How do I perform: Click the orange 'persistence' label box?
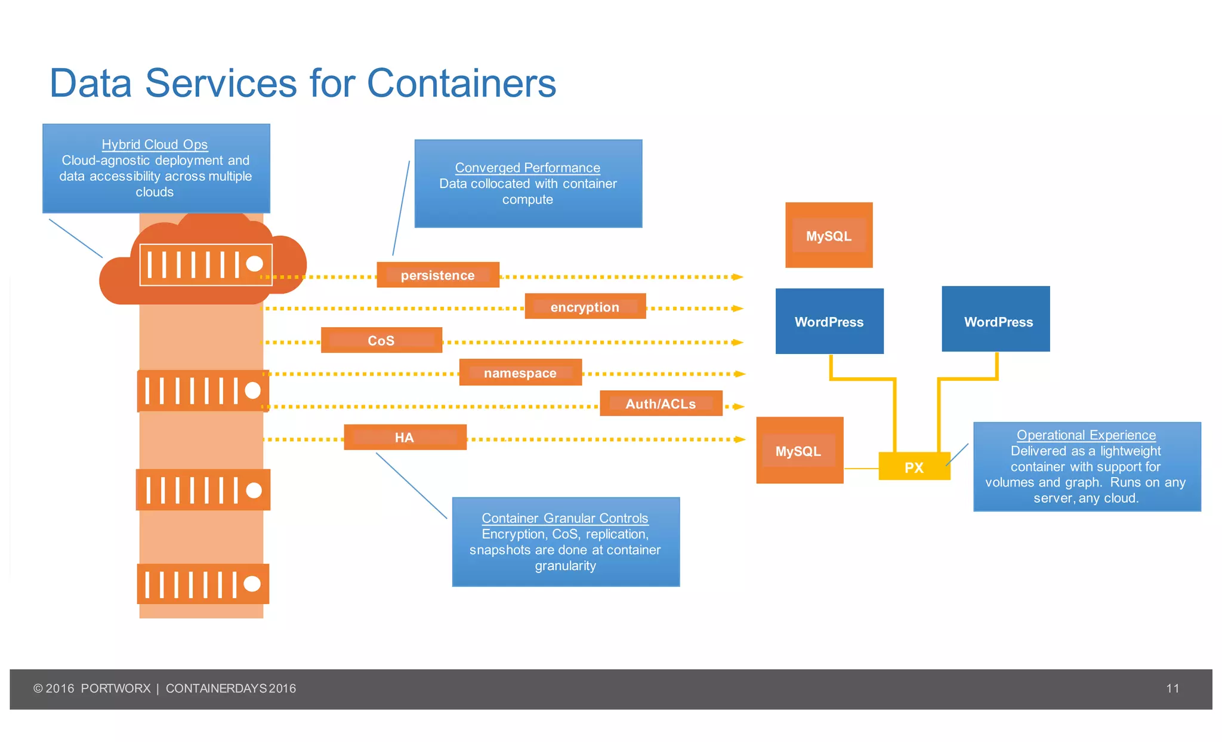coord(437,275)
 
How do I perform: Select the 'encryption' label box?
coord(585,307)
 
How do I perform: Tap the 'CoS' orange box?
coord(381,340)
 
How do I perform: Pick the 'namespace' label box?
coord(520,373)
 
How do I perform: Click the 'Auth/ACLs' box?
coord(661,404)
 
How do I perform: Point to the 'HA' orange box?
coord(405,438)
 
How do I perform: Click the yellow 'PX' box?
coord(914,467)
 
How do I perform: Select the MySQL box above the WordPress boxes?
coord(828,236)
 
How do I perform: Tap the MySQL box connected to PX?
coord(799,451)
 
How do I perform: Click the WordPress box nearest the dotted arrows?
coord(829,322)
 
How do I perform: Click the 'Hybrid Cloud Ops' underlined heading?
coord(155,144)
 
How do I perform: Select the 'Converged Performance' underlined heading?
coord(527,168)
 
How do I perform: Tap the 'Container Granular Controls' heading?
coord(564,518)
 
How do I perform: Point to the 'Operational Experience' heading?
coord(1086,435)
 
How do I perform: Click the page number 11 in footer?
coord(1172,688)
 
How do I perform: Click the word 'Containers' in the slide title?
coord(461,83)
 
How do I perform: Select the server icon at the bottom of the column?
coord(203,584)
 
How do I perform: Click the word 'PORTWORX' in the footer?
coord(116,688)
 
